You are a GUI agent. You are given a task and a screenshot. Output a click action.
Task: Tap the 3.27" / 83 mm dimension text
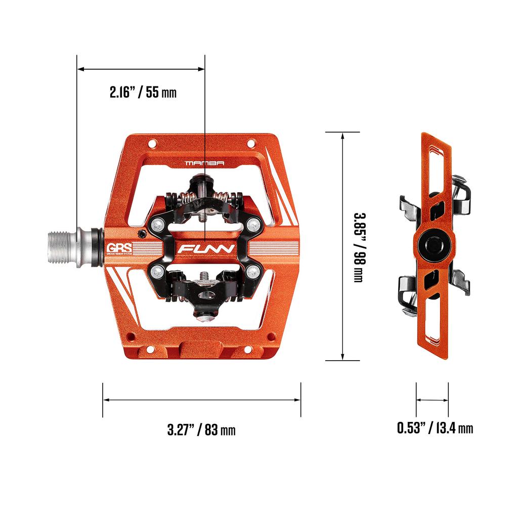[x=201, y=430]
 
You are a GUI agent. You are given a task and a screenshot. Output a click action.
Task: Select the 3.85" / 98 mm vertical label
[x=358, y=247]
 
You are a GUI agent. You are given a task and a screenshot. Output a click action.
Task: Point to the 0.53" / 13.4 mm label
[x=435, y=428]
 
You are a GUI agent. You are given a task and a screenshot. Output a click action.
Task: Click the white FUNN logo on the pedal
[x=204, y=249]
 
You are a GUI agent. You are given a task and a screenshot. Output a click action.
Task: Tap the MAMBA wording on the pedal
[x=204, y=163]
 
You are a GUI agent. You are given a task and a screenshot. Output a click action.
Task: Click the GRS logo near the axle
[x=118, y=249]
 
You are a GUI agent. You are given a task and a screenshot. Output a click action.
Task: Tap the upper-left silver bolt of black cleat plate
[x=160, y=223]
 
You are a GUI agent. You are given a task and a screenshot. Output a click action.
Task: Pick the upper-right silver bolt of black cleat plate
[x=253, y=223]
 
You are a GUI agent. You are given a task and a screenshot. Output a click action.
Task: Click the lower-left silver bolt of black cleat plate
[x=156, y=274]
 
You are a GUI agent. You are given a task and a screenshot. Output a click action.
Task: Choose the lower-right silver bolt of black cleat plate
[x=253, y=274]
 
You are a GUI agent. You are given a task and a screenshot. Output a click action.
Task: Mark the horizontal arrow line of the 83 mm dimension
[x=201, y=400]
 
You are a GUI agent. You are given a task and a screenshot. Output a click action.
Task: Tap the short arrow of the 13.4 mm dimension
[x=432, y=400]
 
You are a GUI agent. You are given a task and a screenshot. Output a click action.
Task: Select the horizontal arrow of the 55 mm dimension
[x=141, y=69]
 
